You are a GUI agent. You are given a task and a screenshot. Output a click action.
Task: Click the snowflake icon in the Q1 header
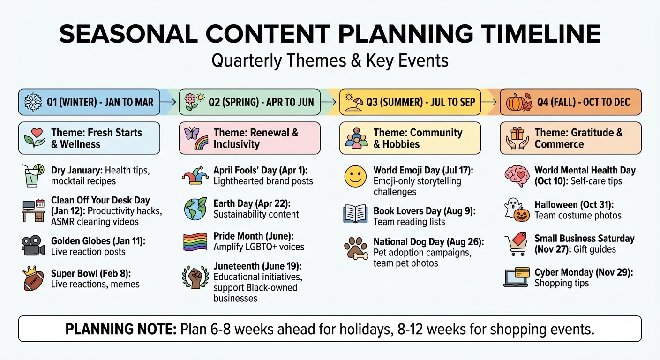point(33,102)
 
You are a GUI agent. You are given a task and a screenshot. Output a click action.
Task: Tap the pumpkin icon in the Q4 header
point(516,102)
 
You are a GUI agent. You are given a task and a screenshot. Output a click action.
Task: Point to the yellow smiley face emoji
point(355,176)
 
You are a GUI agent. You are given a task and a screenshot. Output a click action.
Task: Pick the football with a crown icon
point(33,279)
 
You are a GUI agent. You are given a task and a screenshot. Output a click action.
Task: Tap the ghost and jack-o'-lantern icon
point(517,210)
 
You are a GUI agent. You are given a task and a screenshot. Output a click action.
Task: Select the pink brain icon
point(517,176)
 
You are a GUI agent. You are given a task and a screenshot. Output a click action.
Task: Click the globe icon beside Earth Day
point(195,209)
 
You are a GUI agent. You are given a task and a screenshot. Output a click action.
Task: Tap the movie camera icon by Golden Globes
point(33,246)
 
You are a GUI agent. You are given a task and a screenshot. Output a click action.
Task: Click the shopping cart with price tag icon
point(517,244)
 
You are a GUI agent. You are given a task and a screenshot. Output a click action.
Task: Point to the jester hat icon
point(195,176)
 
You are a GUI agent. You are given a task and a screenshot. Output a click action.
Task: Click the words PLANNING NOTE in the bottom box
point(120,329)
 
